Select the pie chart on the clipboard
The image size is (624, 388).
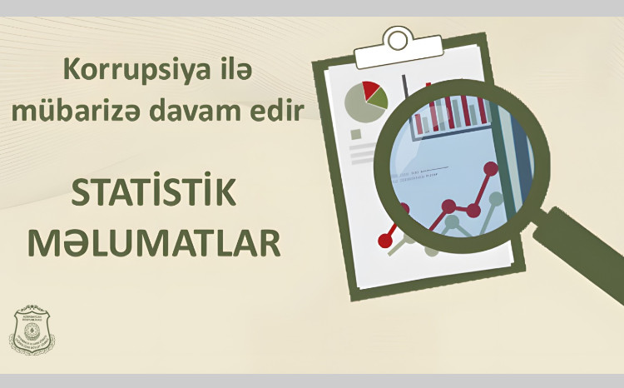(x=365, y=102)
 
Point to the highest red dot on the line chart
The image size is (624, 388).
(x=491, y=169)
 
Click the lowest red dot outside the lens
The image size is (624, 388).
(x=385, y=240)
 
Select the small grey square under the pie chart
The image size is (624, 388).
(x=356, y=133)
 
